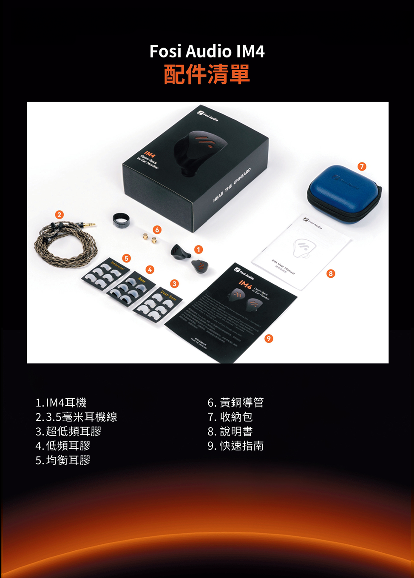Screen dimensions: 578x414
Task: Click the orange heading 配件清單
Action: click(207, 74)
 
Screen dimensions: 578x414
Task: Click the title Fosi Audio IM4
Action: click(207, 51)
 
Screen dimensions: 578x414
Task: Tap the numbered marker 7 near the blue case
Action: click(362, 166)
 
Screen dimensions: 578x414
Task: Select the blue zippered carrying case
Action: click(345, 194)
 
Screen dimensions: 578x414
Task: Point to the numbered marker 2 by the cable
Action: click(60, 214)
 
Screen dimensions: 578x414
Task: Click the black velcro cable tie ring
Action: click(121, 219)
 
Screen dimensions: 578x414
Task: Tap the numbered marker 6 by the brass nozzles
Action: click(157, 230)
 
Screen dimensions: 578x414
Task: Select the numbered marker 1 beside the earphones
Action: click(198, 249)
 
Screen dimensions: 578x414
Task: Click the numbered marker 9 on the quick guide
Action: click(268, 339)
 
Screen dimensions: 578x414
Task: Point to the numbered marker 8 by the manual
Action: click(331, 273)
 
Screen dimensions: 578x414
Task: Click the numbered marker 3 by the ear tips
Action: click(174, 284)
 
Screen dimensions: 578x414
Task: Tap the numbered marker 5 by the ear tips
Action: click(126, 258)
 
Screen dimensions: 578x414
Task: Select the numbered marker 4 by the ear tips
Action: click(149, 269)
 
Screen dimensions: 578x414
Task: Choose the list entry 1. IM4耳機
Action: click(61, 402)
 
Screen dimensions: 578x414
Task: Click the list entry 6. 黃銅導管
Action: click(235, 402)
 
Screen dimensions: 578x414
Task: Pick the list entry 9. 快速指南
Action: click(235, 446)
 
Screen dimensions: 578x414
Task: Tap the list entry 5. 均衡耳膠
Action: click(63, 460)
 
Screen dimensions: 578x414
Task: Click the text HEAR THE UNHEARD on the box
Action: click(232, 185)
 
